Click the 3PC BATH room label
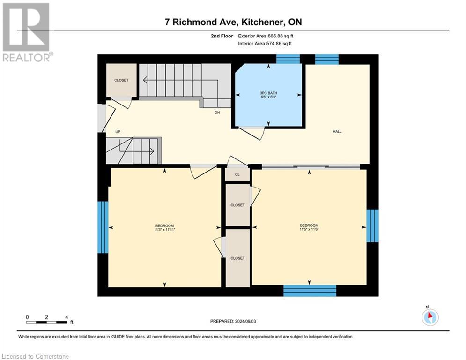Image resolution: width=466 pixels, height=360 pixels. (268, 93)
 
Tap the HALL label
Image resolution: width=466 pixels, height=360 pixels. (337, 132)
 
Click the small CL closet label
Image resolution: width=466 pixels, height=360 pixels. (237, 174)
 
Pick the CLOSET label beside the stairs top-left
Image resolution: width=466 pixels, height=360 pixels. (121, 80)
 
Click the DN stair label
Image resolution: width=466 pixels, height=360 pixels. (217, 112)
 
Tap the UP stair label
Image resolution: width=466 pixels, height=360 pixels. (118, 132)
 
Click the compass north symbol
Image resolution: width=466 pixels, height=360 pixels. (429, 317)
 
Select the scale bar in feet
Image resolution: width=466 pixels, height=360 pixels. (47, 322)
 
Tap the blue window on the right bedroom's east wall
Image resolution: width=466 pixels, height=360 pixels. (372, 225)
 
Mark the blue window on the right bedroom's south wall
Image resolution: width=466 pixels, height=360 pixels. (310, 291)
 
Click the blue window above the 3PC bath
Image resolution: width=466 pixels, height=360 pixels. (288, 59)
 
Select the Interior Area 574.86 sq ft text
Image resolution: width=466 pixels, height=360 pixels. (265, 44)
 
